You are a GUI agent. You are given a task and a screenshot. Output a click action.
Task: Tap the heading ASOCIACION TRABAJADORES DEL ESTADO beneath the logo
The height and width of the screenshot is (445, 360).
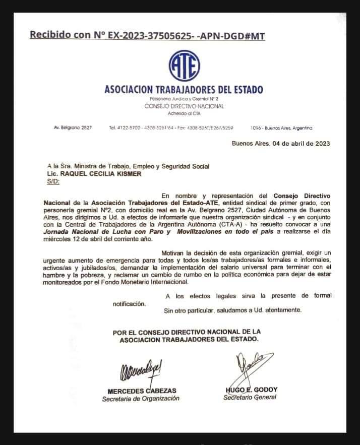(184, 90)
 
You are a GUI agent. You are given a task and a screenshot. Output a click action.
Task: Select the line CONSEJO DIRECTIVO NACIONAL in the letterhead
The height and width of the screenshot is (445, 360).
(184, 106)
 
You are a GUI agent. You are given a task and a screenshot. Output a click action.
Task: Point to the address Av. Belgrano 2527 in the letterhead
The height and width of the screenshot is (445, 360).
(73, 128)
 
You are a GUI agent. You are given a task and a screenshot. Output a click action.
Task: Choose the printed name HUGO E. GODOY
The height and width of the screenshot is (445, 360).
(252, 390)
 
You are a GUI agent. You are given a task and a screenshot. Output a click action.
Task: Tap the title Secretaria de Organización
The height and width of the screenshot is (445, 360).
(141, 398)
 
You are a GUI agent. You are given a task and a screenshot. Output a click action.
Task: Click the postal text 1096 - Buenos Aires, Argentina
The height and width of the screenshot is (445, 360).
(281, 128)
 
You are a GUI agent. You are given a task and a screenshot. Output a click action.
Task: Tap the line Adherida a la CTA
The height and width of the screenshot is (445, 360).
(184, 113)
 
